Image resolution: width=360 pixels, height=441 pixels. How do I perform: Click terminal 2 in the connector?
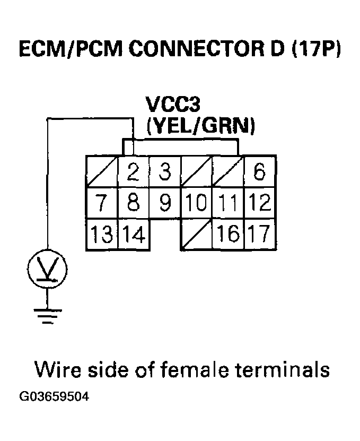pyautogui.click(x=133, y=171)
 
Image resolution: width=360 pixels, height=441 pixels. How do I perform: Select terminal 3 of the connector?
pyautogui.click(x=165, y=171)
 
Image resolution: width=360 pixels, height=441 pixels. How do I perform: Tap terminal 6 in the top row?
pyautogui.click(x=259, y=171)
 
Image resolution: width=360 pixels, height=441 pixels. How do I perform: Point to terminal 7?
pyautogui.click(x=102, y=203)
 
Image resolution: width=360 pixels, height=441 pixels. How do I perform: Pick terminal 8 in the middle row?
pyautogui.click(x=133, y=203)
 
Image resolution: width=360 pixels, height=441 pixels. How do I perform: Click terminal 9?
pyautogui.click(x=165, y=203)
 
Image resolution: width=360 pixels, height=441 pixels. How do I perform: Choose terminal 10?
pyautogui.click(x=196, y=203)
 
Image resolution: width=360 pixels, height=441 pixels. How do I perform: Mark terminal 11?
pyautogui.click(x=227, y=203)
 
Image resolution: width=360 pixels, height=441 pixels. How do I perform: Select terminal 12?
pyautogui.click(x=259, y=203)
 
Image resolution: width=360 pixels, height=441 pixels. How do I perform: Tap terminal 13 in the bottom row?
pyautogui.click(x=102, y=234)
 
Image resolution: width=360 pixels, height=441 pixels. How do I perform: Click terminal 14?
pyautogui.click(x=133, y=234)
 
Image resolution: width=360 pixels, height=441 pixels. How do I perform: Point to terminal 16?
pyautogui.click(x=227, y=234)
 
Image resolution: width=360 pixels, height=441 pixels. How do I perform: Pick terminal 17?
pyautogui.click(x=259, y=234)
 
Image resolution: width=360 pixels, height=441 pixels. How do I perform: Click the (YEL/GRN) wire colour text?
pyautogui.click(x=201, y=126)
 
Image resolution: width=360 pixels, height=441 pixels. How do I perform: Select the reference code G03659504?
pyautogui.click(x=53, y=396)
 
